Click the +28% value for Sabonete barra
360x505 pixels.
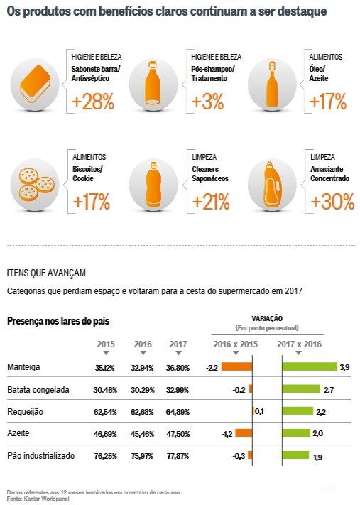tap(93, 102)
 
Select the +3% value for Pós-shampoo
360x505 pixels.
tap(207, 102)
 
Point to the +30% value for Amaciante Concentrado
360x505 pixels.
tap(332, 202)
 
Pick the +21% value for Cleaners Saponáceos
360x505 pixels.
tap(211, 202)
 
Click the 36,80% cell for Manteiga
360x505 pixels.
tap(178, 368)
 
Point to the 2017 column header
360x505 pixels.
tap(178, 344)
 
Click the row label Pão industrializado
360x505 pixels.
tap(40, 455)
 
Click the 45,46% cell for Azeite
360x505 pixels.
tap(143, 433)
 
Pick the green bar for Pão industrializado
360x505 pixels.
tap(295, 455)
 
